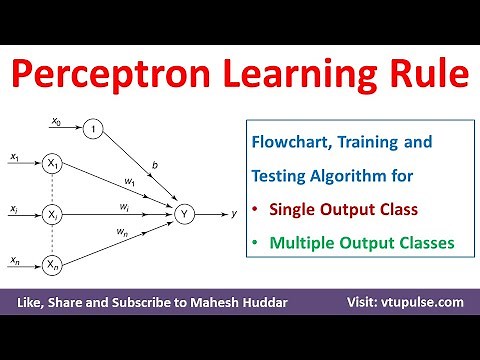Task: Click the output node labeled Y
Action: click(x=183, y=213)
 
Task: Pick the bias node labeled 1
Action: click(x=92, y=128)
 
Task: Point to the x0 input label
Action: click(x=56, y=121)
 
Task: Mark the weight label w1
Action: click(x=129, y=180)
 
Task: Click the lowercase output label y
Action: click(x=233, y=213)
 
